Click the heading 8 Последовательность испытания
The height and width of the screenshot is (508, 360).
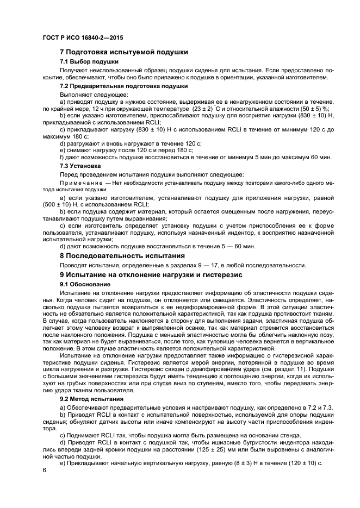coord(122,255)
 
